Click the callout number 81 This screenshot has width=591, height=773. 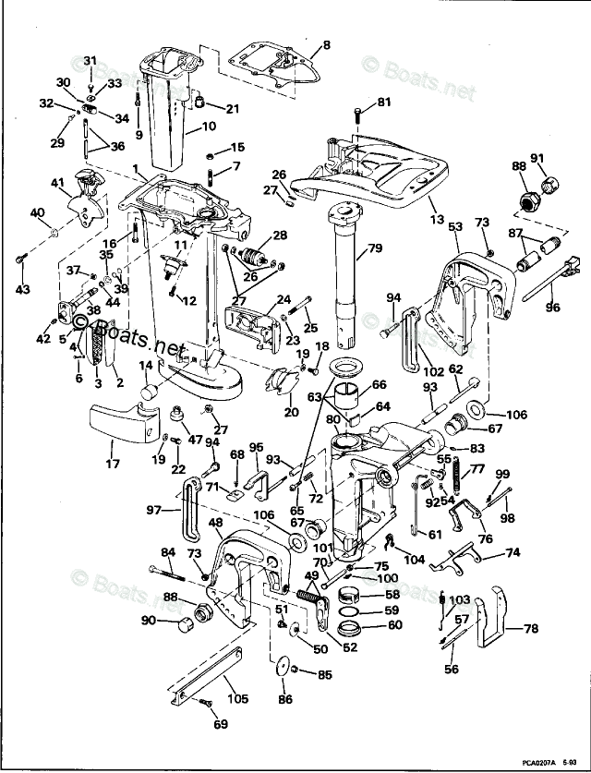pos(384,102)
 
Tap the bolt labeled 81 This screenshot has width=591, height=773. pos(357,116)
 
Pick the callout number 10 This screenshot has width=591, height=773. pos(209,126)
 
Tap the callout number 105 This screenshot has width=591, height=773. pos(237,699)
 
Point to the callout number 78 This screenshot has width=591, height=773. pos(530,629)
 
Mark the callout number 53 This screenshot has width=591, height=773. pos(454,225)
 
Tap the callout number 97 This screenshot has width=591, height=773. pos(152,509)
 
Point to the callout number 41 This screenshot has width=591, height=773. pos(57,182)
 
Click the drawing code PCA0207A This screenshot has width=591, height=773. pos(534,763)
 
